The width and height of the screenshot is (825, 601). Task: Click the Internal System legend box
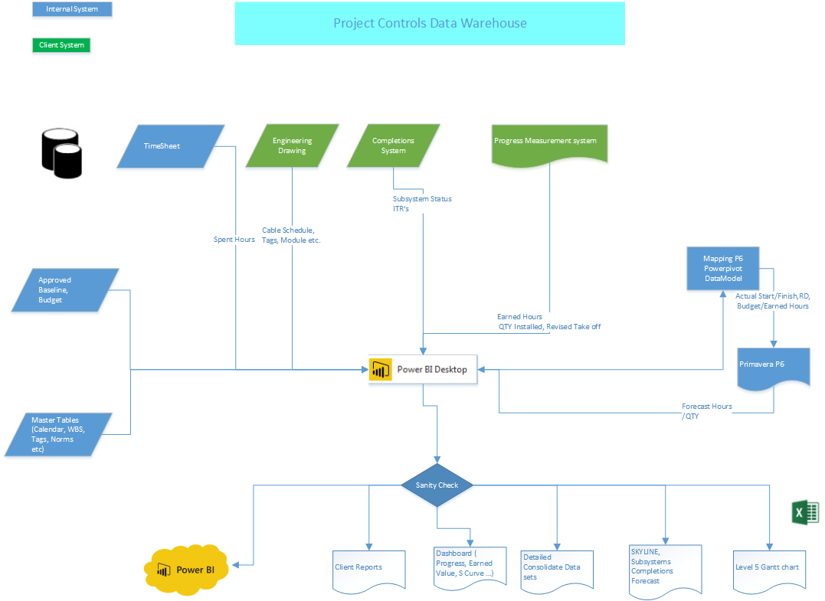(72, 9)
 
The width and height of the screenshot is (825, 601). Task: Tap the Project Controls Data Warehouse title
(429, 23)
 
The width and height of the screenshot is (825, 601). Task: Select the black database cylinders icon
(61, 153)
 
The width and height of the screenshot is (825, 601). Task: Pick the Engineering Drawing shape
(292, 145)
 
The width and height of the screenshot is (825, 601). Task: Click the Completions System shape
(393, 145)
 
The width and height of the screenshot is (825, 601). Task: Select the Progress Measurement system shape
(549, 142)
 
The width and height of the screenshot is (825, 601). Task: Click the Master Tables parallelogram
(58, 434)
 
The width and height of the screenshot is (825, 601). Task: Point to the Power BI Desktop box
(424, 369)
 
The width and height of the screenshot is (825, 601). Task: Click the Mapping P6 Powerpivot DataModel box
(722, 269)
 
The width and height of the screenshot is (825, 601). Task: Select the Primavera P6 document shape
(772, 365)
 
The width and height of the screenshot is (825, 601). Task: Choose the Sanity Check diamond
(437, 485)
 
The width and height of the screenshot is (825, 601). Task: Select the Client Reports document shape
(368, 569)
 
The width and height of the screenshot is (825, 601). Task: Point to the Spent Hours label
(234, 240)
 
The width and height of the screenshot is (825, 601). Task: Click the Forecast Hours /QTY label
(706, 411)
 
